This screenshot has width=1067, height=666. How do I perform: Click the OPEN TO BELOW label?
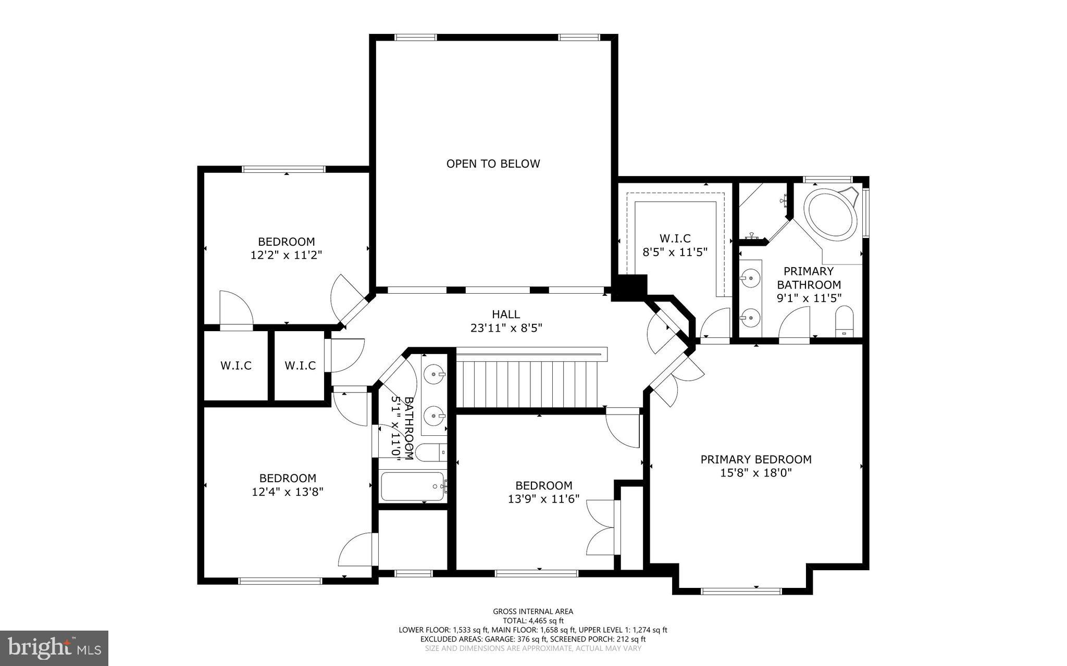tap(493, 164)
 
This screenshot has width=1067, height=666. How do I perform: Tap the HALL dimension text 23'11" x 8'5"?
tap(506, 328)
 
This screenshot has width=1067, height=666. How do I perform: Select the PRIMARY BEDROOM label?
tap(755, 459)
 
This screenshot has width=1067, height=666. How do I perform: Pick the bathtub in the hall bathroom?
tap(413, 486)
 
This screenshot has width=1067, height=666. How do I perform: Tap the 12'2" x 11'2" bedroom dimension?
tap(287, 255)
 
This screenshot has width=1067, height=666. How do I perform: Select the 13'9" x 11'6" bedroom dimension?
tap(543, 499)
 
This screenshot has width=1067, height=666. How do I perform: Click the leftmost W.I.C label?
tap(235, 366)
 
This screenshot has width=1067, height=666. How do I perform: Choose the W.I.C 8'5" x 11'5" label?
tap(675, 245)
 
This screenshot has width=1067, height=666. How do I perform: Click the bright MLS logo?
tap(54, 648)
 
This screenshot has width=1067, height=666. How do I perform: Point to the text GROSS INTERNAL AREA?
tap(533, 611)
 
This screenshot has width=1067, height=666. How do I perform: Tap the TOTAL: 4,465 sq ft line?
tap(533, 621)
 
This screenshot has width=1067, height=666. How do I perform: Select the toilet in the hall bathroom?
tap(428, 453)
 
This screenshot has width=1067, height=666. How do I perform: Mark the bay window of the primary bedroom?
tap(741, 590)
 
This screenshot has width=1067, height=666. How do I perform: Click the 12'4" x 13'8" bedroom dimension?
tap(288, 492)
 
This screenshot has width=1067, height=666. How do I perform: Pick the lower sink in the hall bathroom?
tap(433, 416)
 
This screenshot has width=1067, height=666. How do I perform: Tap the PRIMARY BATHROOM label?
tap(809, 278)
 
